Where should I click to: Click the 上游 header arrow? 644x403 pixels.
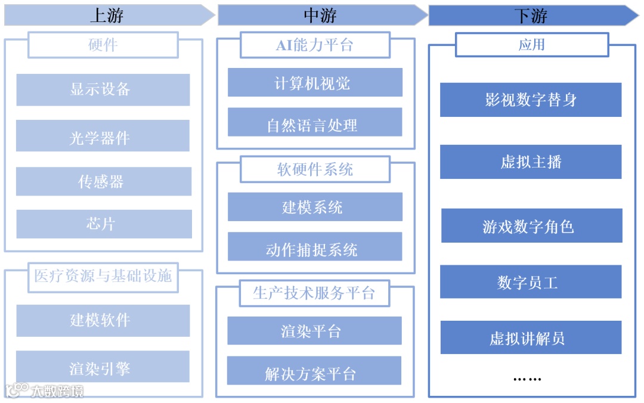pos(107,15)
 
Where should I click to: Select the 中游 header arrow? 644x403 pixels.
pos(321,15)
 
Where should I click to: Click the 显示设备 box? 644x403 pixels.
pos(103,89)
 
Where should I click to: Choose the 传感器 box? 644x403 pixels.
pos(103,181)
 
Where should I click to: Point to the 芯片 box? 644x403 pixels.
pos(103,224)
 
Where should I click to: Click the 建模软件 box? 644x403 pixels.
pos(103,320)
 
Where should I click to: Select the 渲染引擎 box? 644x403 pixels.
pos(103,367)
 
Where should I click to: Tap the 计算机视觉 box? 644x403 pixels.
pos(315,82)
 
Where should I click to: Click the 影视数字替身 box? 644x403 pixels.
pos(531,100)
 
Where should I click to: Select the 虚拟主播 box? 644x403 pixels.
pos(531,162)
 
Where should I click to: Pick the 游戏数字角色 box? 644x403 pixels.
pos(531,226)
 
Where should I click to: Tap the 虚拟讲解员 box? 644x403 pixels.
pos(531,337)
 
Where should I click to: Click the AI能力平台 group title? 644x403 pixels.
pos(315,45)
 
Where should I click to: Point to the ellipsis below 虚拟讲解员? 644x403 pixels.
pos(527,378)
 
